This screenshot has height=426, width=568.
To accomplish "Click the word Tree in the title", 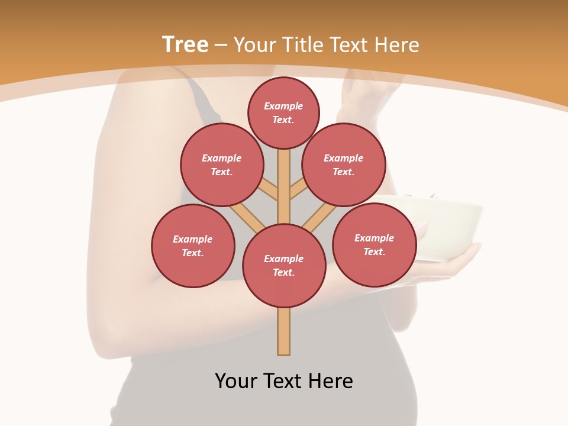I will (185, 45).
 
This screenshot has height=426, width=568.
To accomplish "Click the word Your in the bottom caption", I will (237, 381).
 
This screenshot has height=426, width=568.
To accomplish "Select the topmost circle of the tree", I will (283, 112).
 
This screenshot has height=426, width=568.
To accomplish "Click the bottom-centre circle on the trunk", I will (284, 266).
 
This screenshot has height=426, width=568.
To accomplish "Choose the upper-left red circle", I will (222, 164).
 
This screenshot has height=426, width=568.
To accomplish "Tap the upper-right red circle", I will (344, 164).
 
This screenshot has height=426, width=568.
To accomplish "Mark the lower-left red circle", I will (193, 246).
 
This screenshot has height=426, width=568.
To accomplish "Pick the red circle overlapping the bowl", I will (374, 244).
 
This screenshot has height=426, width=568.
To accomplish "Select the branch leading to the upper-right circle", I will (298, 189).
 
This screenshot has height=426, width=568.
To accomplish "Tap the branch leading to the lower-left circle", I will (246, 217).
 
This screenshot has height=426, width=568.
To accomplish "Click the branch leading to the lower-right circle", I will (319, 218).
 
